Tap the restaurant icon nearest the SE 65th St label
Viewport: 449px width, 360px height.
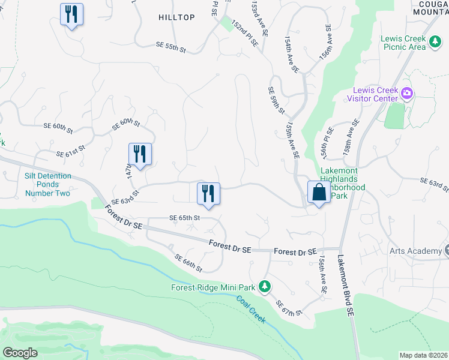point(208,194)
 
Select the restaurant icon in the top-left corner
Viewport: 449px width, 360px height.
point(71,14)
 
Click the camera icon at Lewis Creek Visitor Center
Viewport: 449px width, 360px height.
point(407,93)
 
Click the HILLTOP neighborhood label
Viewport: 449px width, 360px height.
point(176,17)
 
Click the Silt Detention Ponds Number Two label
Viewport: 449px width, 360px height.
point(47,184)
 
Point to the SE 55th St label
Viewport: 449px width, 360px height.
point(171,46)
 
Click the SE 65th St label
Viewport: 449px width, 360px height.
point(184,218)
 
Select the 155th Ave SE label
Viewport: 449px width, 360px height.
point(293,142)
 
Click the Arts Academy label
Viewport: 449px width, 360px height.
point(414,251)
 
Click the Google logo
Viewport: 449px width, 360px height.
point(20,352)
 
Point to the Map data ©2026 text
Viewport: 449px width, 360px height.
point(423,355)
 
